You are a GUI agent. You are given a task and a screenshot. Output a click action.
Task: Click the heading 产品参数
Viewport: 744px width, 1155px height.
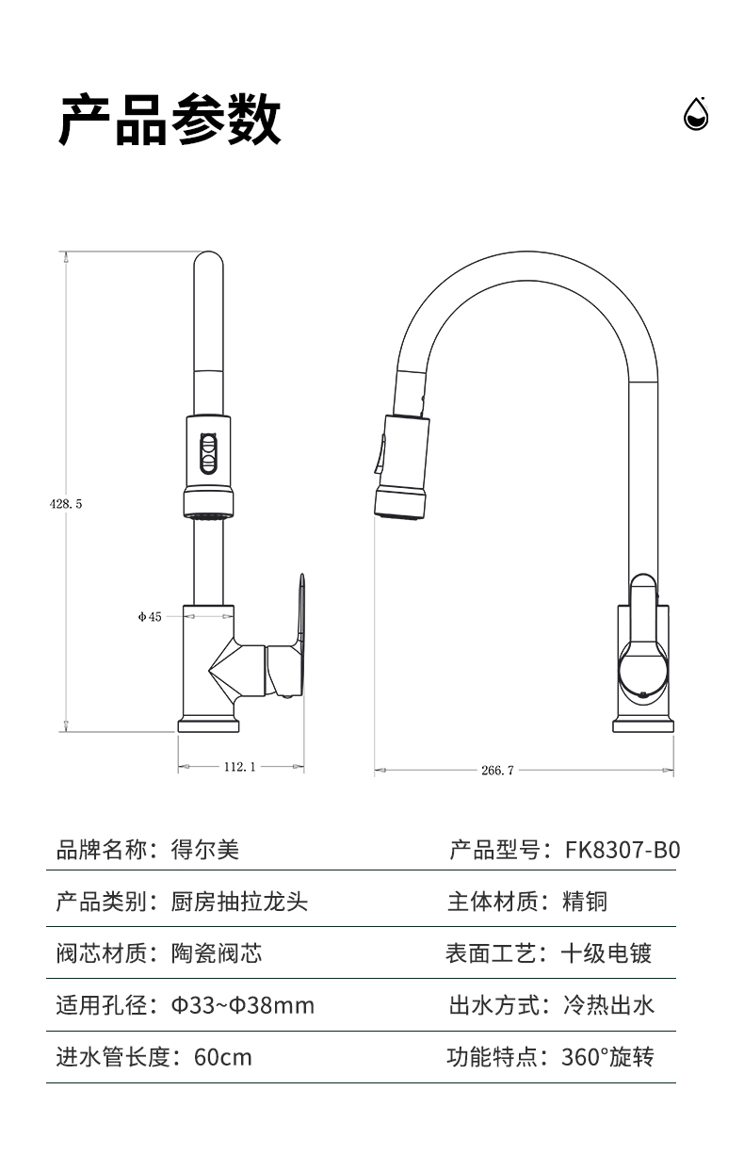point(170,121)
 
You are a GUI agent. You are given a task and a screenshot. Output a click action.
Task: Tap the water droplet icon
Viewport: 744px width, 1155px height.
point(695,114)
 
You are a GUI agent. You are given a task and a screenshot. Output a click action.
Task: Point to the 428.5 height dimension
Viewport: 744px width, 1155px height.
point(66,504)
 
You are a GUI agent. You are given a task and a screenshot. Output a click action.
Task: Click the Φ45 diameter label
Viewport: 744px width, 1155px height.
point(150,616)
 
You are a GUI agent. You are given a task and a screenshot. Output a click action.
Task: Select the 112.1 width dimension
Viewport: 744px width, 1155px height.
point(240,767)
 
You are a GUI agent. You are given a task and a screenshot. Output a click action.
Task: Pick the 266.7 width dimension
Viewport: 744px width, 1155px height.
point(497,770)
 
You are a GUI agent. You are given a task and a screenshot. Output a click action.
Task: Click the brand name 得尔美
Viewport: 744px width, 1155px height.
point(205,850)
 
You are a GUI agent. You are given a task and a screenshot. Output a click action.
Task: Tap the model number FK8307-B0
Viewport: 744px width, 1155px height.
point(622,850)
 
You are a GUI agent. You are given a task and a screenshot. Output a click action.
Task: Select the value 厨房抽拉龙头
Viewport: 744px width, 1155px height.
point(239,902)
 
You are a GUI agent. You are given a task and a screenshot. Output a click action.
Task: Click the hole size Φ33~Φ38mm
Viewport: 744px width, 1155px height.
point(242,1005)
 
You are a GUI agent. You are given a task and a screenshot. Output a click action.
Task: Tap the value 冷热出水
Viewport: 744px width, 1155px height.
point(607,1005)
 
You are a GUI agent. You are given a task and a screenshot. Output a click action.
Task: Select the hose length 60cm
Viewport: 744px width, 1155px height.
point(222,1057)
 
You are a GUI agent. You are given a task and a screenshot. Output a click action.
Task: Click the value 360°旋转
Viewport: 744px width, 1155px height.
point(607,1057)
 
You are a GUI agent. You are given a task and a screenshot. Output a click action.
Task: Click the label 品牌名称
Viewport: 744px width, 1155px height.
point(102,850)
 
